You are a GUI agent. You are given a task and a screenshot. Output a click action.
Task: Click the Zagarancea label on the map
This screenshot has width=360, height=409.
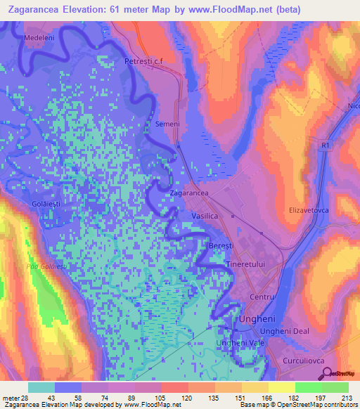click(x=188, y=192)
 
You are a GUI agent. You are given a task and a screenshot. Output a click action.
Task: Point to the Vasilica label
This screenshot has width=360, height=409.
click(x=207, y=216)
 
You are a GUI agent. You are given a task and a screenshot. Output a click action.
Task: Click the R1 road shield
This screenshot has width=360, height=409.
click(x=323, y=145)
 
